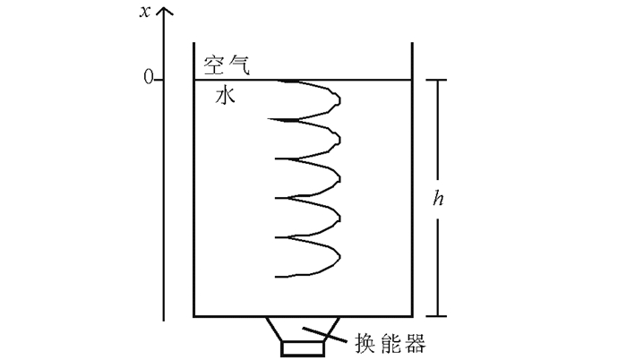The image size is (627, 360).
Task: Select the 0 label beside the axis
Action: click(149, 80)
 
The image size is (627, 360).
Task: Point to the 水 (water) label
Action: click(225, 95)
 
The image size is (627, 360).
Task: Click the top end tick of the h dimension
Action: click(435, 80)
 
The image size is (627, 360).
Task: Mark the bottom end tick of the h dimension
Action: click(435, 316)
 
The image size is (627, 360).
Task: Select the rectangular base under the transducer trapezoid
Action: click(303, 349)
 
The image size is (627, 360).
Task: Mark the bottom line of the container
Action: click(303, 316)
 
